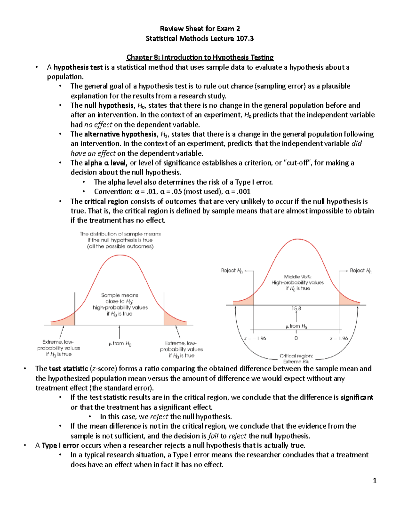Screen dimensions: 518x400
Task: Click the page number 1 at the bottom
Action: (x=374, y=481)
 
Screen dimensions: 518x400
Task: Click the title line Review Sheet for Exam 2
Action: (x=200, y=29)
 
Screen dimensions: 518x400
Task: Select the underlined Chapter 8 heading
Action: (x=200, y=57)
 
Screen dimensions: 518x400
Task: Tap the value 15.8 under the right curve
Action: (x=296, y=309)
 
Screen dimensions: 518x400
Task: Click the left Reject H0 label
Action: (x=232, y=271)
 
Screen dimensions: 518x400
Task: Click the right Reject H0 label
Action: (x=360, y=271)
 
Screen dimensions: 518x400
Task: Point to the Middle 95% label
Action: (x=298, y=277)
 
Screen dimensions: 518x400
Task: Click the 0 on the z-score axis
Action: (x=296, y=338)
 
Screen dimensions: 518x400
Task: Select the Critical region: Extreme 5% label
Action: (x=296, y=359)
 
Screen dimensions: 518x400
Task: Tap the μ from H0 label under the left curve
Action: (x=120, y=344)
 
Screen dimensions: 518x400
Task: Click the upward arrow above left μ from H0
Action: (x=119, y=332)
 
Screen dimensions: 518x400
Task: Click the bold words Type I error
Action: (x=60, y=445)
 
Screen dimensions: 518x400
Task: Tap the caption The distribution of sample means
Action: (x=120, y=234)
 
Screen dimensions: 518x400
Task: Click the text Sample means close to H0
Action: (x=120, y=298)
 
